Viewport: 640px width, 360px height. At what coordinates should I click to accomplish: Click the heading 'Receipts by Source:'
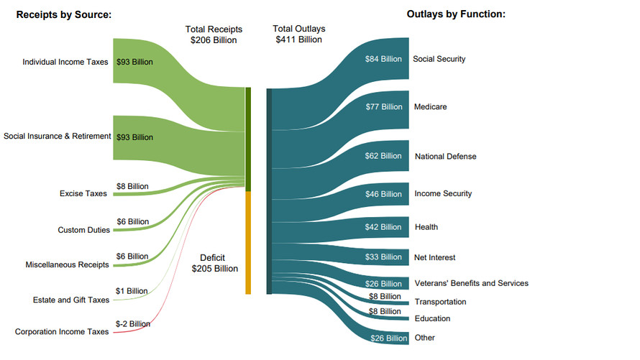(x=63, y=14)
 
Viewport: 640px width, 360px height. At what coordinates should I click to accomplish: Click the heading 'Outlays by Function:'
(x=456, y=14)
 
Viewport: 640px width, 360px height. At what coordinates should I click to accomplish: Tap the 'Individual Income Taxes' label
(x=65, y=62)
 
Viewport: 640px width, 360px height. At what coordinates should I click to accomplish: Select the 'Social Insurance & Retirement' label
(x=58, y=136)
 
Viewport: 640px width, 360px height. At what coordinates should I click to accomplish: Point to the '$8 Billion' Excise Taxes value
(x=132, y=186)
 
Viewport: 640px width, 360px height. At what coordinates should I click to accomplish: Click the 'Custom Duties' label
(x=83, y=230)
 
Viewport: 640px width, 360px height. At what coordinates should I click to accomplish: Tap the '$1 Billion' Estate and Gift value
(x=132, y=291)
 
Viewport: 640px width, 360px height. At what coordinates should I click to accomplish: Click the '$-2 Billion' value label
(x=133, y=324)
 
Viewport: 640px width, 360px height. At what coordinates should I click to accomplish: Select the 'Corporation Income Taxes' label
(x=62, y=331)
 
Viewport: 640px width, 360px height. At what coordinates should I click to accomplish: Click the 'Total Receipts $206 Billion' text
(x=214, y=34)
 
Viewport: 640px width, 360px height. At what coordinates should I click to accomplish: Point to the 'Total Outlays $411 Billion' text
(x=298, y=34)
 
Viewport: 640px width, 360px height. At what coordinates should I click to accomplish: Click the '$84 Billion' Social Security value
(x=382, y=59)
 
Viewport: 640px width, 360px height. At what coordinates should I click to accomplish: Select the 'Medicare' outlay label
(x=430, y=107)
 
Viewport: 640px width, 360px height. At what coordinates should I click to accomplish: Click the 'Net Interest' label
(x=435, y=257)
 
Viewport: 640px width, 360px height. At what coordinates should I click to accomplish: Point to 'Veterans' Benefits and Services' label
(x=471, y=283)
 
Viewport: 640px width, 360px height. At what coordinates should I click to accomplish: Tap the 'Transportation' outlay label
(x=440, y=302)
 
